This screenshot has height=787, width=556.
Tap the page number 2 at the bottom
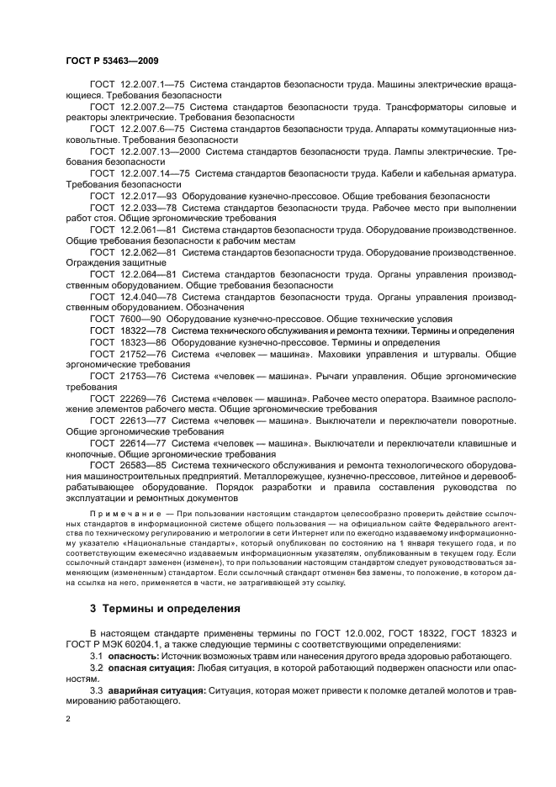(68, 720)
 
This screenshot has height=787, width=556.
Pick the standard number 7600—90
(139, 319)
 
